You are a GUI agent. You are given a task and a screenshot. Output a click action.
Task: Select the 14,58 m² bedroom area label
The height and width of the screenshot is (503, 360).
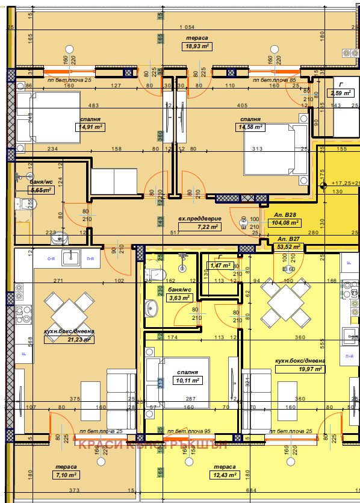[x=251, y=127]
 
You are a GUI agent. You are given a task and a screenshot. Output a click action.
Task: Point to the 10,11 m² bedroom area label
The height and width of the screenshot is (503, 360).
[x=187, y=380]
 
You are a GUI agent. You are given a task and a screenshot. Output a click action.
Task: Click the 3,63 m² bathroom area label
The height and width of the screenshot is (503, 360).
[x=179, y=298]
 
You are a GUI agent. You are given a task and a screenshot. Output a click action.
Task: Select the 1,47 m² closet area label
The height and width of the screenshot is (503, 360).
[x=220, y=265]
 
